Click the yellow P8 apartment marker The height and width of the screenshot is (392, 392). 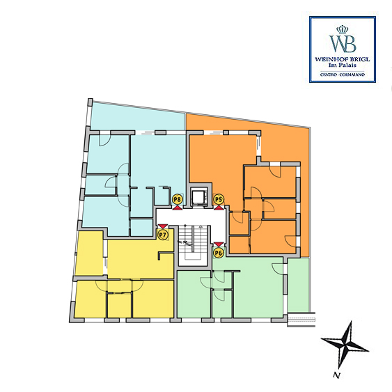[x=178, y=200]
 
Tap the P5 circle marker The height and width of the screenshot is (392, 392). [x=219, y=200]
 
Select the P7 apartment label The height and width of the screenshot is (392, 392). [x=163, y=235]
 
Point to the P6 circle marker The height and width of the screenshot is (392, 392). [x=219, y=253]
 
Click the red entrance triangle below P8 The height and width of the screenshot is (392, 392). [x=178, y=207]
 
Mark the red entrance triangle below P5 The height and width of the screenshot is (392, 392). [x=219, y=207]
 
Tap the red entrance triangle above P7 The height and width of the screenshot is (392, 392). [x=163, y=226]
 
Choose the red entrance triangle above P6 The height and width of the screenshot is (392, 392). [x=219, y=244]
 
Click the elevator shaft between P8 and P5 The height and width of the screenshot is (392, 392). [x=198, y=197]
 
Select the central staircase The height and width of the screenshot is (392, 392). [x=194, y=246]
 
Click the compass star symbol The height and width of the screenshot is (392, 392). [x=345, y=344]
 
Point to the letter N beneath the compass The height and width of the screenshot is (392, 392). [x=337, y=375]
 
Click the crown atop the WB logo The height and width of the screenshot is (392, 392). [x=343, y=29]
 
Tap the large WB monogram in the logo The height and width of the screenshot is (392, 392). [x=343, y=43]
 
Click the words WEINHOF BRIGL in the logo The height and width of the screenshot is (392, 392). [x=343, y=59]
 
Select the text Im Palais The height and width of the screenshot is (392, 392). [x=343, y=65]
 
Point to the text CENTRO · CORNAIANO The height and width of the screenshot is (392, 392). [x=343, y=75]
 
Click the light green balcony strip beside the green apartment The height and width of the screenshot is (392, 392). [x=298, y=285]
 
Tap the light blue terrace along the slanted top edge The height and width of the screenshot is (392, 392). [x=137, y=118]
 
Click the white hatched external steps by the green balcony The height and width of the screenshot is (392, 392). [x=301, y=320]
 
